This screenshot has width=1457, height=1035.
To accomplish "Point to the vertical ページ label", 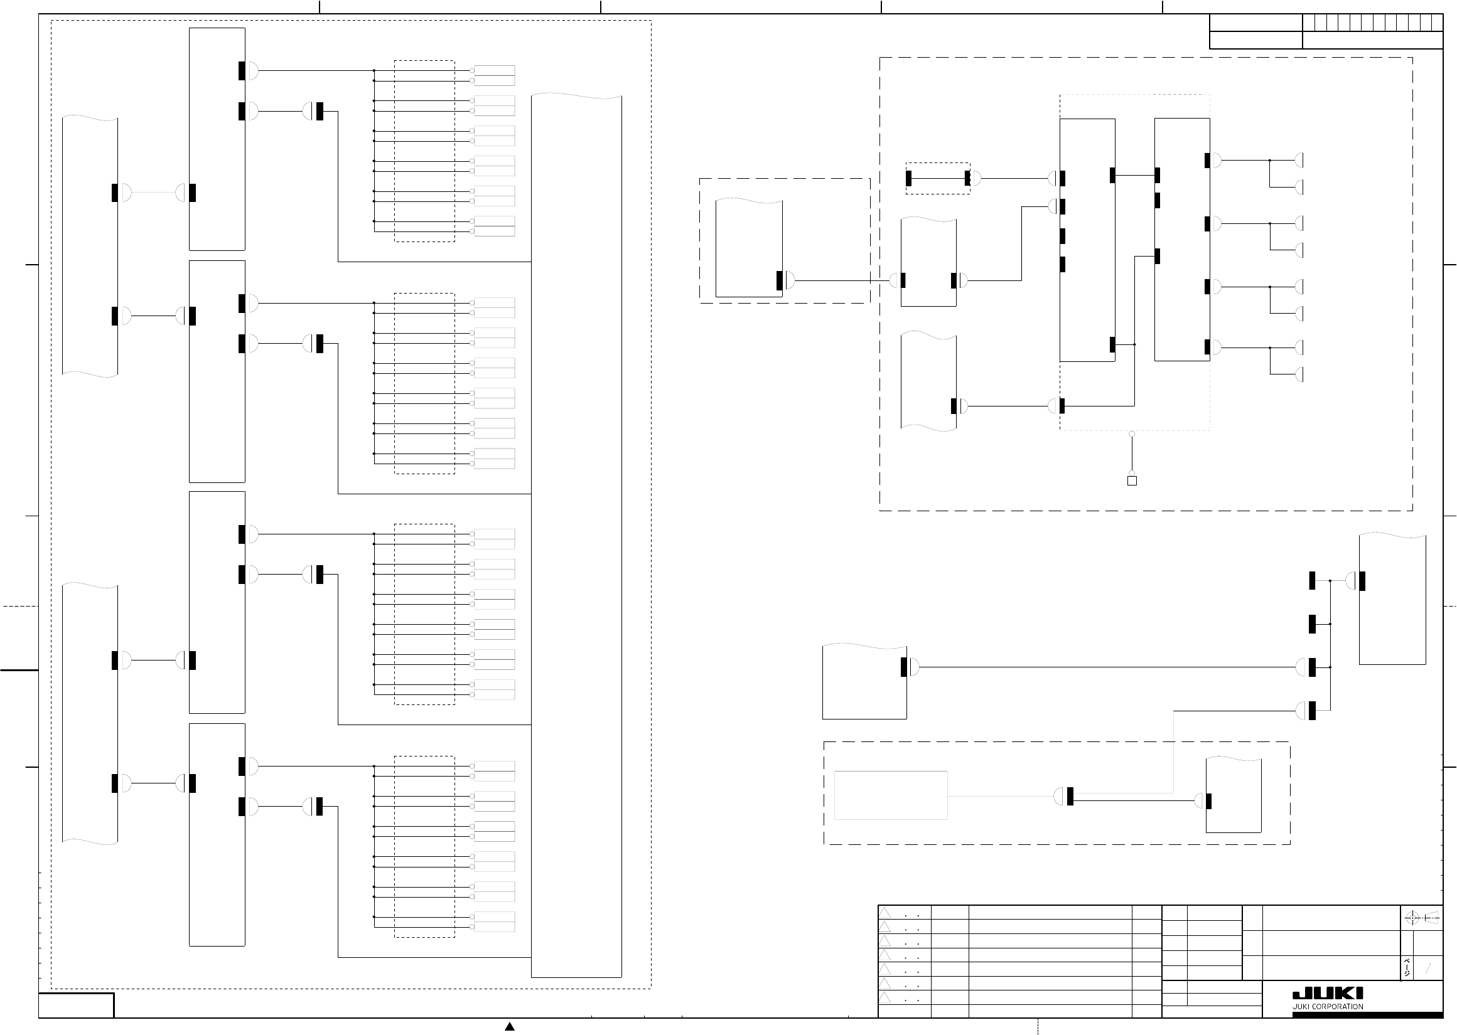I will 1407,967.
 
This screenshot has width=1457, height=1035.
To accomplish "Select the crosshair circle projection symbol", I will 1412,918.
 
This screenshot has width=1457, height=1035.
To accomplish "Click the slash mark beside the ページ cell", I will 1428,968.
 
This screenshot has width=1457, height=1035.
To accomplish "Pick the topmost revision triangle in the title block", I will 885,913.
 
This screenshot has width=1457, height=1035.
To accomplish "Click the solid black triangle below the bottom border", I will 510,1026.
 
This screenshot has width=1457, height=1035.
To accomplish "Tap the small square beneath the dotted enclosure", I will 1132,480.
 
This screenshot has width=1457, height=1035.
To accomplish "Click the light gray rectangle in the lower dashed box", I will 891,795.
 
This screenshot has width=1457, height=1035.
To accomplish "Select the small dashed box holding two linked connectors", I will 938,178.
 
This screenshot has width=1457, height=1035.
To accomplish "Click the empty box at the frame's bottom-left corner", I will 76,1005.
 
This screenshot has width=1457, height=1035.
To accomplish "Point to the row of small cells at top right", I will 1372,23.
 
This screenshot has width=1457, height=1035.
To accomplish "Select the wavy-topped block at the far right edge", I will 1392,599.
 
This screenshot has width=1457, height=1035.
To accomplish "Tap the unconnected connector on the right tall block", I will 1158,201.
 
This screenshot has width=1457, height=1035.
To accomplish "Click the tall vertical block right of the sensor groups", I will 576,535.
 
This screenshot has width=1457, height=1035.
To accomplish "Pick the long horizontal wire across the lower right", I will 1107,667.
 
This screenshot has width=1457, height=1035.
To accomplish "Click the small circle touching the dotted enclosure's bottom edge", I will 1132,434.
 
